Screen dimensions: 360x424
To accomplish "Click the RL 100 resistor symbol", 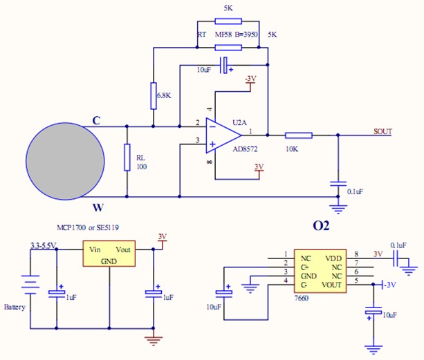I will click(x=126, y=158).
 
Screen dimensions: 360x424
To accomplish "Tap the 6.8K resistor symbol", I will click(x=153, y=95).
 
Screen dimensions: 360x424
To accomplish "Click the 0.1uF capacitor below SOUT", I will click(x=338, y=183).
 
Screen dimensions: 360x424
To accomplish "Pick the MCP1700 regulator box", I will click(x=109, y=254).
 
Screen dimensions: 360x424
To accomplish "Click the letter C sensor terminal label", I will click(x=96, y=120).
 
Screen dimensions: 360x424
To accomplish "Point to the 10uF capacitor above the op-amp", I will click(x=223, y=66).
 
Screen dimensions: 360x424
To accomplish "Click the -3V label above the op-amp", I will click(x=250, y=79).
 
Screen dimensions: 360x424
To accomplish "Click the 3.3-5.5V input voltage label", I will click(x=43, y=245).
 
